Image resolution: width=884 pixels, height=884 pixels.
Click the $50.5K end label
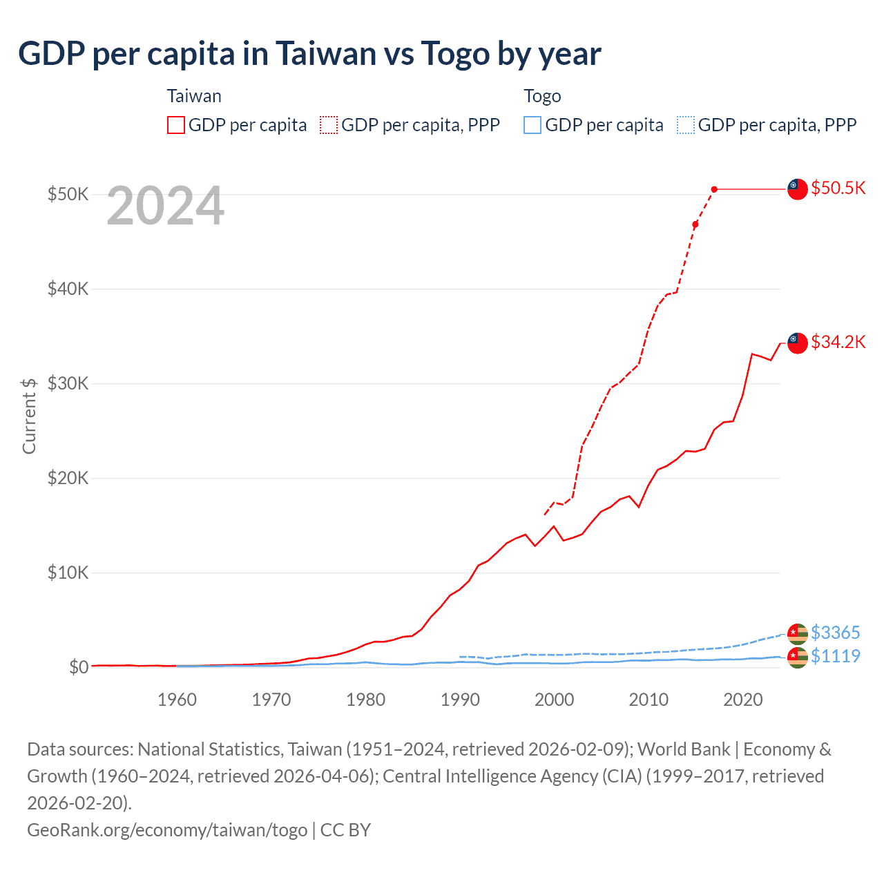[838, 188]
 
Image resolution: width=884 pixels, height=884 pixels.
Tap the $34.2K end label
[838, 342]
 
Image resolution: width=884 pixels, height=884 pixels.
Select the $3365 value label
[835, 633]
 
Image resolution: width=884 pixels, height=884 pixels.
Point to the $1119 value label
[835, 656]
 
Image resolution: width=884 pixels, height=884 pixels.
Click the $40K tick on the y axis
[68, 289]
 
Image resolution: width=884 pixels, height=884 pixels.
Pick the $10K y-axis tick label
[68, 573]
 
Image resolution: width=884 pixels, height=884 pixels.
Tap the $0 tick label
[79, 667]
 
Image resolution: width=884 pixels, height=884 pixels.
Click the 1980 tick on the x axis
[366, 700]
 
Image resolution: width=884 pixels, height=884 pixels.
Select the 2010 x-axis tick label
[648, 700]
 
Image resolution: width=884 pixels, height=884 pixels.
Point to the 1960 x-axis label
[177, 700]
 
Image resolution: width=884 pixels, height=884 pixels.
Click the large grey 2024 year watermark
[166, 206]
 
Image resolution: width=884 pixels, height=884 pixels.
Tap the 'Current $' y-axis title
[29, 416]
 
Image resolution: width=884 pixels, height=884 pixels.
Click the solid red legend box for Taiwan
[176, 125]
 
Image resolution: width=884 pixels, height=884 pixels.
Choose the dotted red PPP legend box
[329, 125]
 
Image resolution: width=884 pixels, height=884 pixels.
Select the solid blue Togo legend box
[532, 125]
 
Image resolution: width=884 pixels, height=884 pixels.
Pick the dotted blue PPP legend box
[686, 125]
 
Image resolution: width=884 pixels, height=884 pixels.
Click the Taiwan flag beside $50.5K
[798, 189]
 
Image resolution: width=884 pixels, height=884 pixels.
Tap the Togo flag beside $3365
[798, 633]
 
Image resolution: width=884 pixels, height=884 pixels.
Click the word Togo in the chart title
[455, 53]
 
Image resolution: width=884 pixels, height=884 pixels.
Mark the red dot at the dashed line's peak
[714, 189]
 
